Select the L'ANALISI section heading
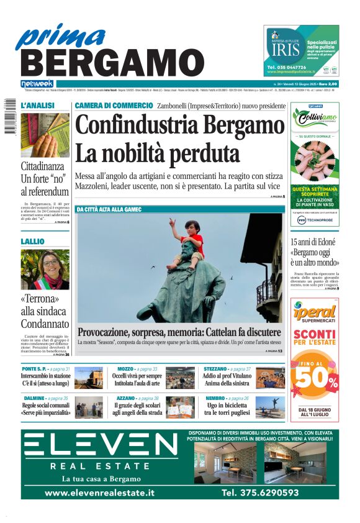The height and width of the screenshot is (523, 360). tap(38, 106)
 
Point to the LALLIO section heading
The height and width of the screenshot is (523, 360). tap(33, 241)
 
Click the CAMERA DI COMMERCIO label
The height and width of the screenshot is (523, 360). tap(114, 106)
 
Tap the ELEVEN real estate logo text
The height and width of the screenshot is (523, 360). tap(101, 446)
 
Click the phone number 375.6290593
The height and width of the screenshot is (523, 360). tap(260, 493)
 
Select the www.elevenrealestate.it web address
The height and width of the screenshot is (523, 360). tap(100, 493)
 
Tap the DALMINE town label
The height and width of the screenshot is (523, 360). tap(34, 398)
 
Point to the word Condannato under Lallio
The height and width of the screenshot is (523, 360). tap(45, 324)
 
